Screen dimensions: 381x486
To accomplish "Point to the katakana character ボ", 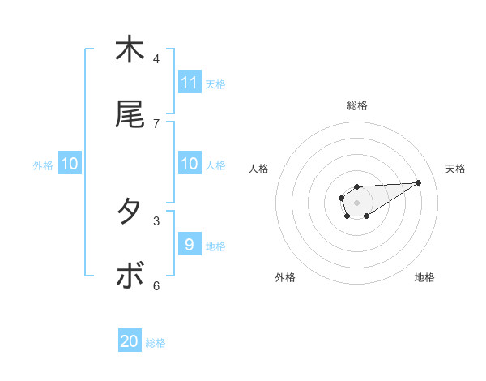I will click(130, 276).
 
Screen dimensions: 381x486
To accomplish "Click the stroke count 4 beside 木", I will click(156, 58).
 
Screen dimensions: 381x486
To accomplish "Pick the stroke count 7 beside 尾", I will click(156, 123).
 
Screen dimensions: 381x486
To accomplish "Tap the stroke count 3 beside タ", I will click(156, 220).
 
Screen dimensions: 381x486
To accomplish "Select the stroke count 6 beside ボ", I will click(156, 285).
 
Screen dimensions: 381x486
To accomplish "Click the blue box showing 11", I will click(190, 83).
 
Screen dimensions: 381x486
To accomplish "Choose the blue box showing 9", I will click(190, 245).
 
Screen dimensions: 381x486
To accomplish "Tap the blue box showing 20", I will click(130, 341).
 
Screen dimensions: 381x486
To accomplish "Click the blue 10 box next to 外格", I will click(70, 164).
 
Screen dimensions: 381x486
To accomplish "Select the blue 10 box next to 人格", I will click(190, 164).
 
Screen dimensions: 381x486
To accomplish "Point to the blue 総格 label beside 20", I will click(156, 343).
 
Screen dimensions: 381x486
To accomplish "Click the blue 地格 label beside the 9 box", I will click(215, 246).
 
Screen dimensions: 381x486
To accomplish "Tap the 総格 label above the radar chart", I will click(357, 105).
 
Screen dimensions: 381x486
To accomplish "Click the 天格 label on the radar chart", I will click(455, 169).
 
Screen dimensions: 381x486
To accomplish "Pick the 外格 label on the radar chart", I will click(285, 277).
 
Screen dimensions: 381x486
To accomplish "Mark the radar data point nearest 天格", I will click(419, 182).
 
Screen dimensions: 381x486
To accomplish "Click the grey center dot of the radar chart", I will click(356, 202).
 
